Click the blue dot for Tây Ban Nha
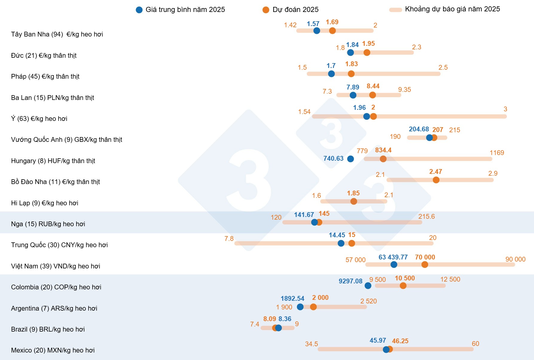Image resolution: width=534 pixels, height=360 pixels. pyautogui.click(x=317, y=31)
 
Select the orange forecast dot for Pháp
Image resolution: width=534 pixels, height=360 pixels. pyautogui.click(x=351, y=74)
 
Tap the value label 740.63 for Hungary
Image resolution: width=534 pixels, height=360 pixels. pyautogui.click(x=333, y=158)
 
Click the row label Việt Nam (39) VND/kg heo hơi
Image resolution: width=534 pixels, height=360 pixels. pyautogui.click(x=56, y=266)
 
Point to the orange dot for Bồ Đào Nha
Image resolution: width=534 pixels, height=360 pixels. pyautogui.click(x=436, y=180)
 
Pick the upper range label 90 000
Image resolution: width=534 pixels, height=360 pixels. pyautogui.click(x=515, y=259)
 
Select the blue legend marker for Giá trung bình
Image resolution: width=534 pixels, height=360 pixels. pyautogui.click(x=139, y=10)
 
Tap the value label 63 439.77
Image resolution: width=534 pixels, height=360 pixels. pyautogui.click(x=393, y=257)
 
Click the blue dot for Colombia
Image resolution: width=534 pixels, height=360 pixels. pyautogui.click(x=368, y=285)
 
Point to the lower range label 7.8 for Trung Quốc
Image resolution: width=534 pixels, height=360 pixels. pyautogui.click(x=229, y=239)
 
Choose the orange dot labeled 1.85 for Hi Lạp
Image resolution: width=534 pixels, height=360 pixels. pyautogui.click(x=354, y=201)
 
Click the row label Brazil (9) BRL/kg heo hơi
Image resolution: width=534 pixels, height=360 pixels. pyautogui.click(x=48, y=329)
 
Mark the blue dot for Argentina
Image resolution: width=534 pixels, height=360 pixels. pyautogui.click(x=300, y=307)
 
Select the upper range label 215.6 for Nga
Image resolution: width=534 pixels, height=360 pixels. pyautogui.click(x=426, y=216)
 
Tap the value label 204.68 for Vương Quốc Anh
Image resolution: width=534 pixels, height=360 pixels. pyautogui.click(x=419, y=129)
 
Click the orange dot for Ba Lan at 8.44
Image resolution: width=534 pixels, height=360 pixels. pyautogui.click(x=373, y=95)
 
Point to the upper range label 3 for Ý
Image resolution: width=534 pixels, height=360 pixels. pyautogui.click(x=505, y=109)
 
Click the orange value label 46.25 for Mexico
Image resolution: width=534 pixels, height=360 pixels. pyautogui.click(x=400, y=341)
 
